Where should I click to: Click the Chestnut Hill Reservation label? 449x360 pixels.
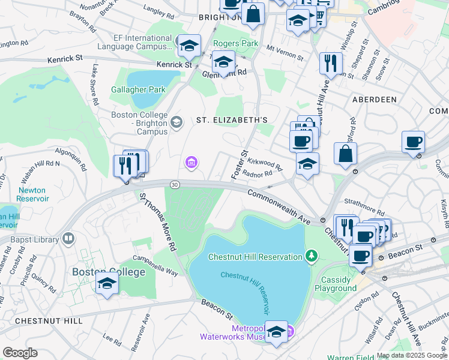coord(255,257)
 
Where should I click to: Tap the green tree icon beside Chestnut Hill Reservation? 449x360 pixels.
coord(311,257)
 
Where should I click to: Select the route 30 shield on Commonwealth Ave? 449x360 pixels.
coord(174,184)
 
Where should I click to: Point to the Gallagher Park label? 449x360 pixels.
coord(138,90)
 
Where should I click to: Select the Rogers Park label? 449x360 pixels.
coord(236,44)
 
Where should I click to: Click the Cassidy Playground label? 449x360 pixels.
coord(336,284)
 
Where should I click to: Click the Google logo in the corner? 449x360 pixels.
coord(20,352)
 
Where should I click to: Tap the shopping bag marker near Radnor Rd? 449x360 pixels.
coord(346,154)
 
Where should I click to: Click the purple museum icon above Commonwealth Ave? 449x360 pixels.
coord(191,162)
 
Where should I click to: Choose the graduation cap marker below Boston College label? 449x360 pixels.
coord(107,283)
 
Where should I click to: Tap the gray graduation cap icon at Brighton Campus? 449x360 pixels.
coord(176,123)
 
